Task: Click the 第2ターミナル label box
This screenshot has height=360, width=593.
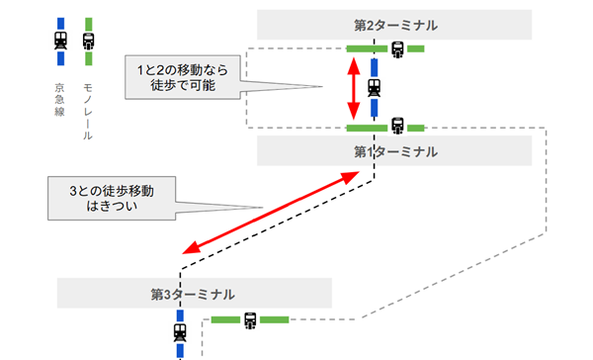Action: (394, 25)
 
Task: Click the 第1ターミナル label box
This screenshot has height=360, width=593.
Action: (394, 151)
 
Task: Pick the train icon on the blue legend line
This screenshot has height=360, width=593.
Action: (62, 41)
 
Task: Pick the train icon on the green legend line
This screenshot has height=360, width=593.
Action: (89, 41)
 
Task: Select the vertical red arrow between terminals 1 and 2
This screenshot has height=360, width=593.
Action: (354, 89)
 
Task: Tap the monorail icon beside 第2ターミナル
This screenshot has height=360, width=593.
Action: (397, 47)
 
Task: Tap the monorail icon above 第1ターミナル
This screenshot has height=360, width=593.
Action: (397, 127)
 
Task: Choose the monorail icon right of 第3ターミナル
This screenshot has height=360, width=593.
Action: (250, 319)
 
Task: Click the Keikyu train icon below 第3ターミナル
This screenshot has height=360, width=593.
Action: (180, 333)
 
